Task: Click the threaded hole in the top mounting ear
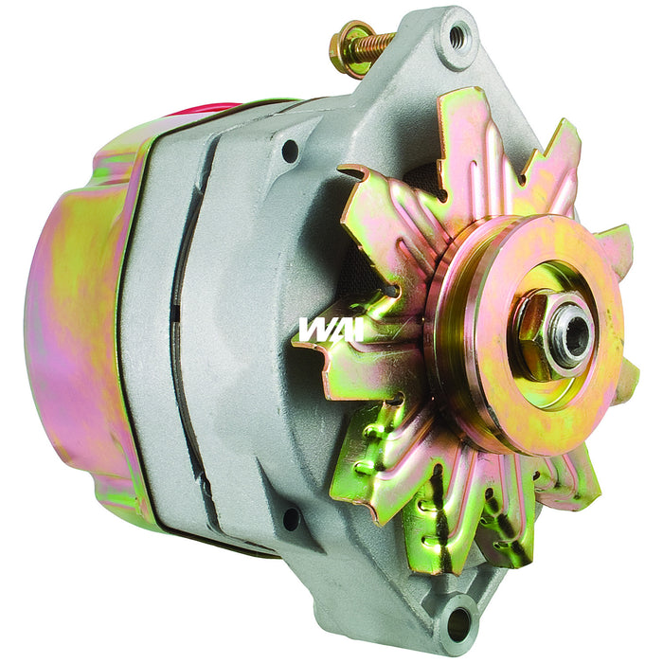coord(457,38)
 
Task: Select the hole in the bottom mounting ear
coord(458,622)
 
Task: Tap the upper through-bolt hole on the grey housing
coord(290,150)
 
